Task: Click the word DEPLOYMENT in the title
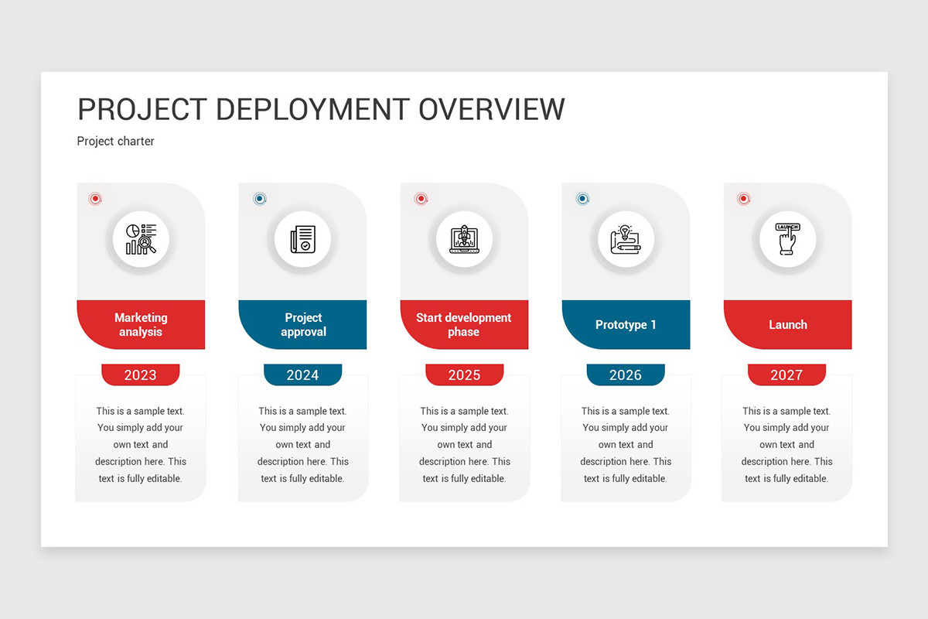click(313, 110)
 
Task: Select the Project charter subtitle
click(116, 142)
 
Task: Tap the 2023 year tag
click(141, 375)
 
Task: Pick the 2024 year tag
click(302, 375)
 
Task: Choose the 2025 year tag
click(464, 375)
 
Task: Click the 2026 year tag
click(626, 375)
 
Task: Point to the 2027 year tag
click(786, 375)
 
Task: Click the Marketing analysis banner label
click(141, 325)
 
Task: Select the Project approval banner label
click(303, 325)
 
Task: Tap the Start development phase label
click(464, 325)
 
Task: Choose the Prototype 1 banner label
click(626, 325)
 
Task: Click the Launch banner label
click(787, 325)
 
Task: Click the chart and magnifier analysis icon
click(141, 239)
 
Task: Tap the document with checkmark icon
click(302, 239)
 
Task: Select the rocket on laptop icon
click(464, 239)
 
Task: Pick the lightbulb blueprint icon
click(626, 239)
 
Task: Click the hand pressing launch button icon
click(787, 239)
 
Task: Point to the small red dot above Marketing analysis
click(95, 199)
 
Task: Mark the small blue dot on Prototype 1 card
click(582, 199)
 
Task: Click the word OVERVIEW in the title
click(492, 110)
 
